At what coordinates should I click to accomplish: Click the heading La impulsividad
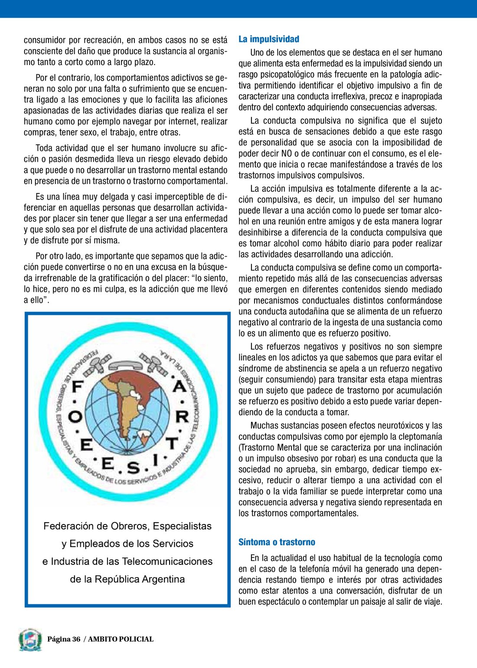coord(269,39)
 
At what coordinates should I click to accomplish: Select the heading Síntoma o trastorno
coord(277,542)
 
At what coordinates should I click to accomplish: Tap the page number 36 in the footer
coord(76,639)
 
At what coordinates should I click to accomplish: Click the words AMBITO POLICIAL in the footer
coord(121,639)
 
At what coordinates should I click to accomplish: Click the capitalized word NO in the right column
coord(287,154)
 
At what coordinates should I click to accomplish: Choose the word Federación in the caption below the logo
coord(69,526)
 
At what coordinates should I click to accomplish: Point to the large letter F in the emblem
coord(78,386)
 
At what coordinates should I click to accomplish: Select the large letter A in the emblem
coord(180,386)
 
